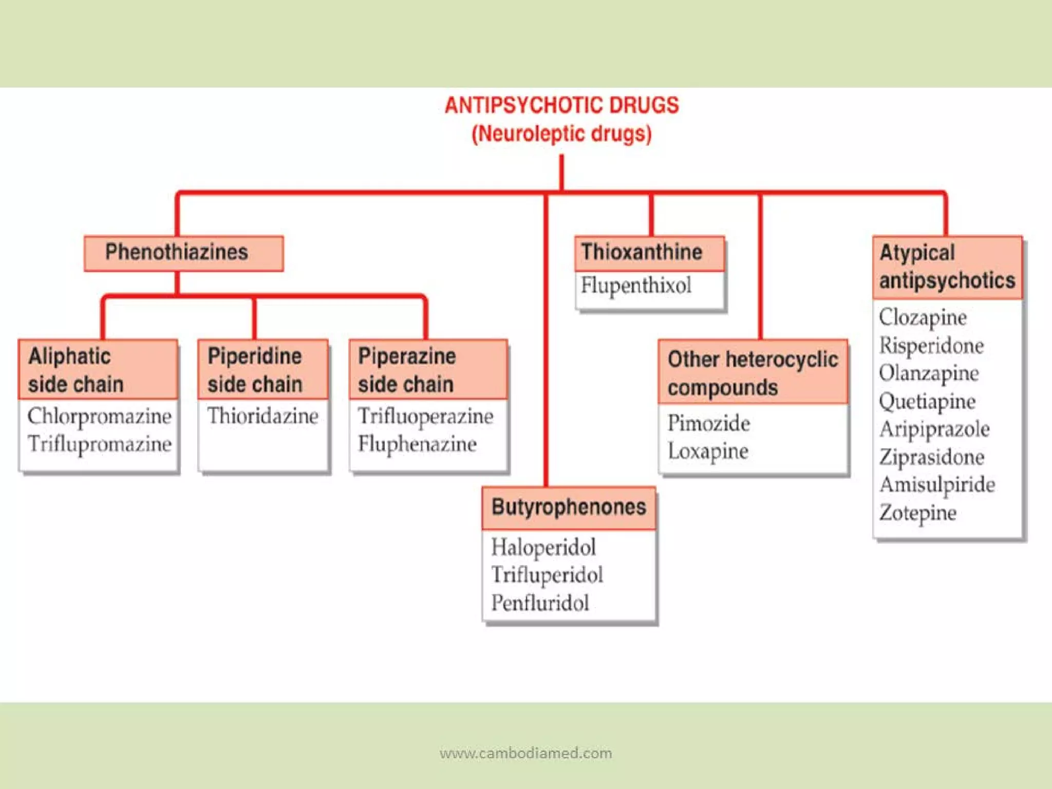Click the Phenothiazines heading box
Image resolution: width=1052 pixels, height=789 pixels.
pos(183,253)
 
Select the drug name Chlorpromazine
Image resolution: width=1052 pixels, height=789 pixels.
pos(99,416)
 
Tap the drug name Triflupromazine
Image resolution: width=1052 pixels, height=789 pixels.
pos(99,444)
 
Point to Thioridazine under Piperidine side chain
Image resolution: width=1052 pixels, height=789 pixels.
pos(262,416)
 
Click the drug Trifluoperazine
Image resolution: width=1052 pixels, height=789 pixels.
pos(425,416)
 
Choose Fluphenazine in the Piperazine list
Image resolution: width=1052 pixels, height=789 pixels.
pos(417,444)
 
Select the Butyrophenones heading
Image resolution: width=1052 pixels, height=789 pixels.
pos(569,508)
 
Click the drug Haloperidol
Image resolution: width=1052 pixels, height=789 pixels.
pos(543,547)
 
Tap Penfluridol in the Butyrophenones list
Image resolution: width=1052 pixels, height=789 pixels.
pos(540,603)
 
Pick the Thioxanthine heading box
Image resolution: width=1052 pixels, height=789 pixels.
pos(642,253)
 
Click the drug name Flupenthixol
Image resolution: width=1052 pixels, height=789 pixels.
pos(636,286)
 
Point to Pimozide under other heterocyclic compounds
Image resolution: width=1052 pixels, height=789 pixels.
pos(708,424)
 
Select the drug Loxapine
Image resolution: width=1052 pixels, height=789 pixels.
pos(708,452)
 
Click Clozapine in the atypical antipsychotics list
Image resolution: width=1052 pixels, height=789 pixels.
pos(923,317)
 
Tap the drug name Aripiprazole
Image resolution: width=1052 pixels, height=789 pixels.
pos(934,429)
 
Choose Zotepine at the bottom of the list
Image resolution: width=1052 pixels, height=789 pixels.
pos(918,513)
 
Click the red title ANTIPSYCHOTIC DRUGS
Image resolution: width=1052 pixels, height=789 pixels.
pos(561,105)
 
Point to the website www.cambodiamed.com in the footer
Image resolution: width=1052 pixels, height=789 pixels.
pos(525,753)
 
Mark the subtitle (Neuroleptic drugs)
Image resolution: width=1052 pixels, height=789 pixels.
pos(561,134)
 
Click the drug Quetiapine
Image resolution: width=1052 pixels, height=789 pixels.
pos(927,402)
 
